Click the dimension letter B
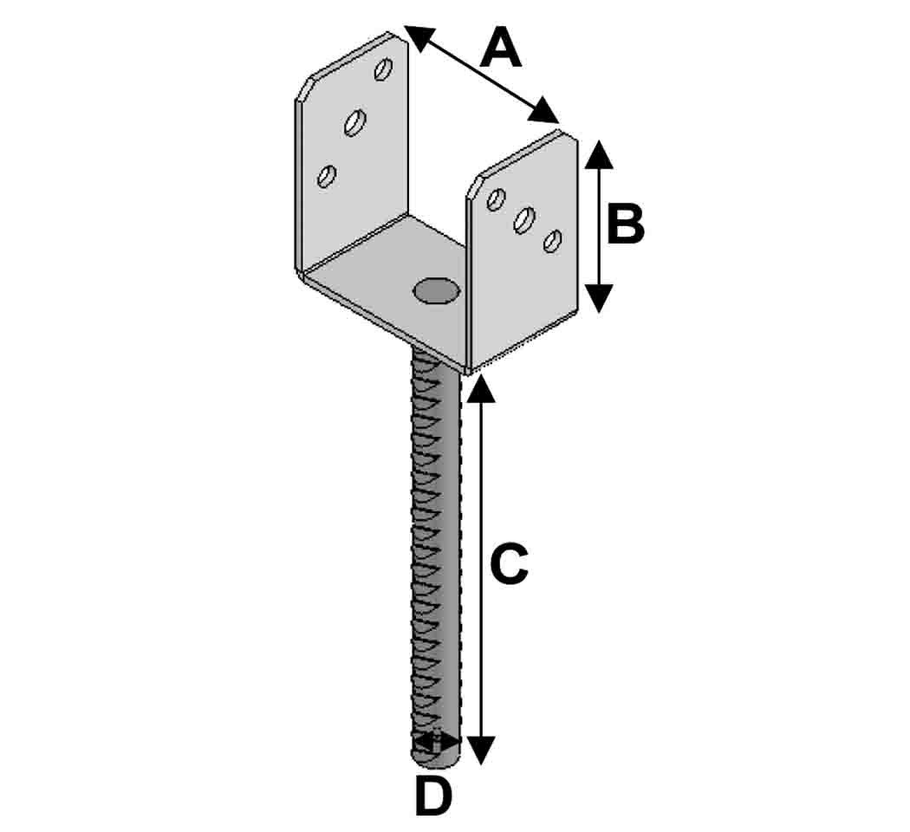[625, 224]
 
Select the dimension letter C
[509, 565]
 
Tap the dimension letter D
[433, 797]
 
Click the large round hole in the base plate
[436, 290]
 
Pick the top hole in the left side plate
[383, 68]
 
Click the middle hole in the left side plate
[354, 122]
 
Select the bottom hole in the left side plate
[327, 176]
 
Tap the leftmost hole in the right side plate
[496, 199]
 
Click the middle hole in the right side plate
[523, 219]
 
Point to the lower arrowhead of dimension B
[599, 298]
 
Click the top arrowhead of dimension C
[481, 389]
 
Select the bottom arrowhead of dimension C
[481, 750]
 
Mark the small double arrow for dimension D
[437, 742]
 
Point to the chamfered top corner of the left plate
[306, 90]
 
